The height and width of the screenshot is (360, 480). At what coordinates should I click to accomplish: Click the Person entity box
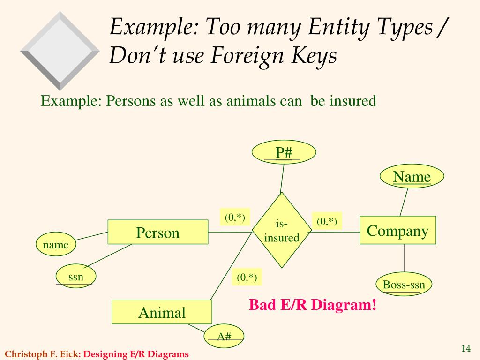coord(157,232)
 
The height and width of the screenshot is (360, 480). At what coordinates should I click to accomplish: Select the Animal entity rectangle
coord(162,312)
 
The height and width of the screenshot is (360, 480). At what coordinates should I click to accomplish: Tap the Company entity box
coord(397,230)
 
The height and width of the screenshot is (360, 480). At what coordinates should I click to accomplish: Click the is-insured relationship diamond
coord(282,230)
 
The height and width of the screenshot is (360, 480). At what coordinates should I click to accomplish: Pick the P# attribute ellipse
coord(284,152)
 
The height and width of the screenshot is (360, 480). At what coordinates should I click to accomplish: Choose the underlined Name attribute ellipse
coord(412,176)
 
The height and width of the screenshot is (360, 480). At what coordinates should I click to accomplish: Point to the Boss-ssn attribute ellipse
coord(404,284)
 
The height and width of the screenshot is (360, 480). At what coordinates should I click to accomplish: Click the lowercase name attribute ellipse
coord(56,244)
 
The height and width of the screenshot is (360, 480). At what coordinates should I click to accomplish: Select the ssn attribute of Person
coord(75,276)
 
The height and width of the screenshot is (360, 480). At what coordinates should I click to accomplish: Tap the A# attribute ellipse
coord(224,336)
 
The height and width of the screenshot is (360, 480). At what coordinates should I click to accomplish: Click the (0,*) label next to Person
coord(235,217)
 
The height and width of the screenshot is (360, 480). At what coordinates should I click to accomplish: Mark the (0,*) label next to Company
coord(327,221)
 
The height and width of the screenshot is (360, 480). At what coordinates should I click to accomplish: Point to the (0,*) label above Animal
coord(247,277)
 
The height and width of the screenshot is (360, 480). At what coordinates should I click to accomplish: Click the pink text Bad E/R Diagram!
coord(313,305)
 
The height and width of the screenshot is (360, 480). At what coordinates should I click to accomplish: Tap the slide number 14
coord(465,348)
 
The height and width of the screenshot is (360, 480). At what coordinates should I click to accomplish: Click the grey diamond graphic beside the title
coord(60,51)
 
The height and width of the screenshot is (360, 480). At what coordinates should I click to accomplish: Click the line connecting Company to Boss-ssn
coord(404,258)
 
